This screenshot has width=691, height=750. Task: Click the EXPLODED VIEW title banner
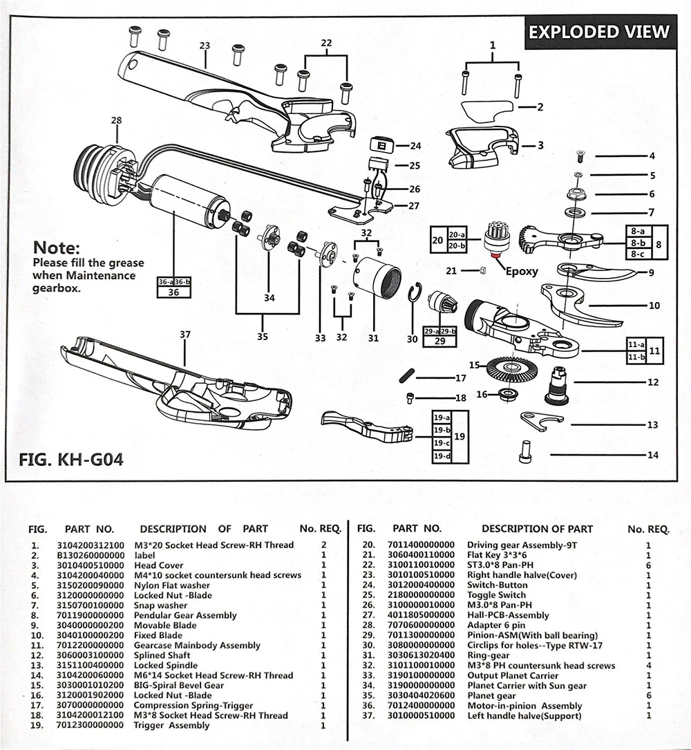(x=600, y=32)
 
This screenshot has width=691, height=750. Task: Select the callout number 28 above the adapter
(x=116, y=120)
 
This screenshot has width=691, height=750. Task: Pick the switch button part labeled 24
(x=381, y=144)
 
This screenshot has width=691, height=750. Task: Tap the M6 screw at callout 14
(x=524, y=451)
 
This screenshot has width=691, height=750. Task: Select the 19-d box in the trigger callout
(x=442, y=456)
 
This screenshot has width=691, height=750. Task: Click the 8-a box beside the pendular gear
(x=637, y=231)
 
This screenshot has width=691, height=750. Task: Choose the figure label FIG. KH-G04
(x=71, y=459)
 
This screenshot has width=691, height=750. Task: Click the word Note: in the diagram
(x=57, y=247)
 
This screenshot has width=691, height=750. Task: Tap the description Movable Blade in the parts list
(x=165, y=625)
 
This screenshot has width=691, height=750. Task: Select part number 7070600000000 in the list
(x=421, y=625)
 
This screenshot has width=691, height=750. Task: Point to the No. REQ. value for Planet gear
(x=648, y=695)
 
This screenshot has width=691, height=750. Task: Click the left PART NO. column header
(x=89, y=529)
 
